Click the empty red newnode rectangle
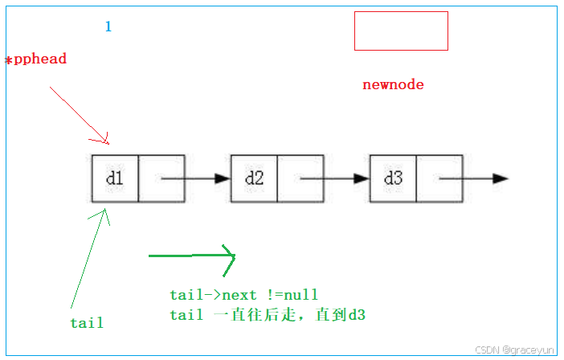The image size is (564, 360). pos(401,31)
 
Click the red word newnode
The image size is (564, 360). pos(393,84)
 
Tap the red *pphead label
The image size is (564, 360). pos(36,59)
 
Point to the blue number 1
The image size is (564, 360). pos(108,27)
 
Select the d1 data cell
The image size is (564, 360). pos(115,178)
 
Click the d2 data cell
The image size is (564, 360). pos(254,178)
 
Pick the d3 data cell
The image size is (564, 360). pos(393,178)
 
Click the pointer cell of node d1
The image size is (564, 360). pos(161,178)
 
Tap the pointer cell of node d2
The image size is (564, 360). pos(300,178)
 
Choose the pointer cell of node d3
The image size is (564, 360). pos(439,178)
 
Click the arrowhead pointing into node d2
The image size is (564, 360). pos(223,178)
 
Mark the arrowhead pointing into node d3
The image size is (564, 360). pos(362,178)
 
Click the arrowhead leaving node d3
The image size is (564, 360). pos(500,178)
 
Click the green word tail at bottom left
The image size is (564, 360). pos(87,323)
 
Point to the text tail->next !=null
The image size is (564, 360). pos(249,296)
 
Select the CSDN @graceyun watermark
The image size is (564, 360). pos(514,350)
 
